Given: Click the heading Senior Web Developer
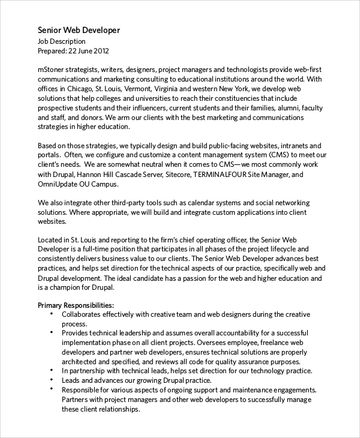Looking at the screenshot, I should pyautogui.click(x=79, y=30).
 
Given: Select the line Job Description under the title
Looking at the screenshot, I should pyautogui.click(x=62, y=41).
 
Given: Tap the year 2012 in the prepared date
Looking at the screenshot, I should pyautogui.click(x=100, y=51).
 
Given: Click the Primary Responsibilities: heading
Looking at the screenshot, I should pyautogui.click(x=76, y=305).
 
